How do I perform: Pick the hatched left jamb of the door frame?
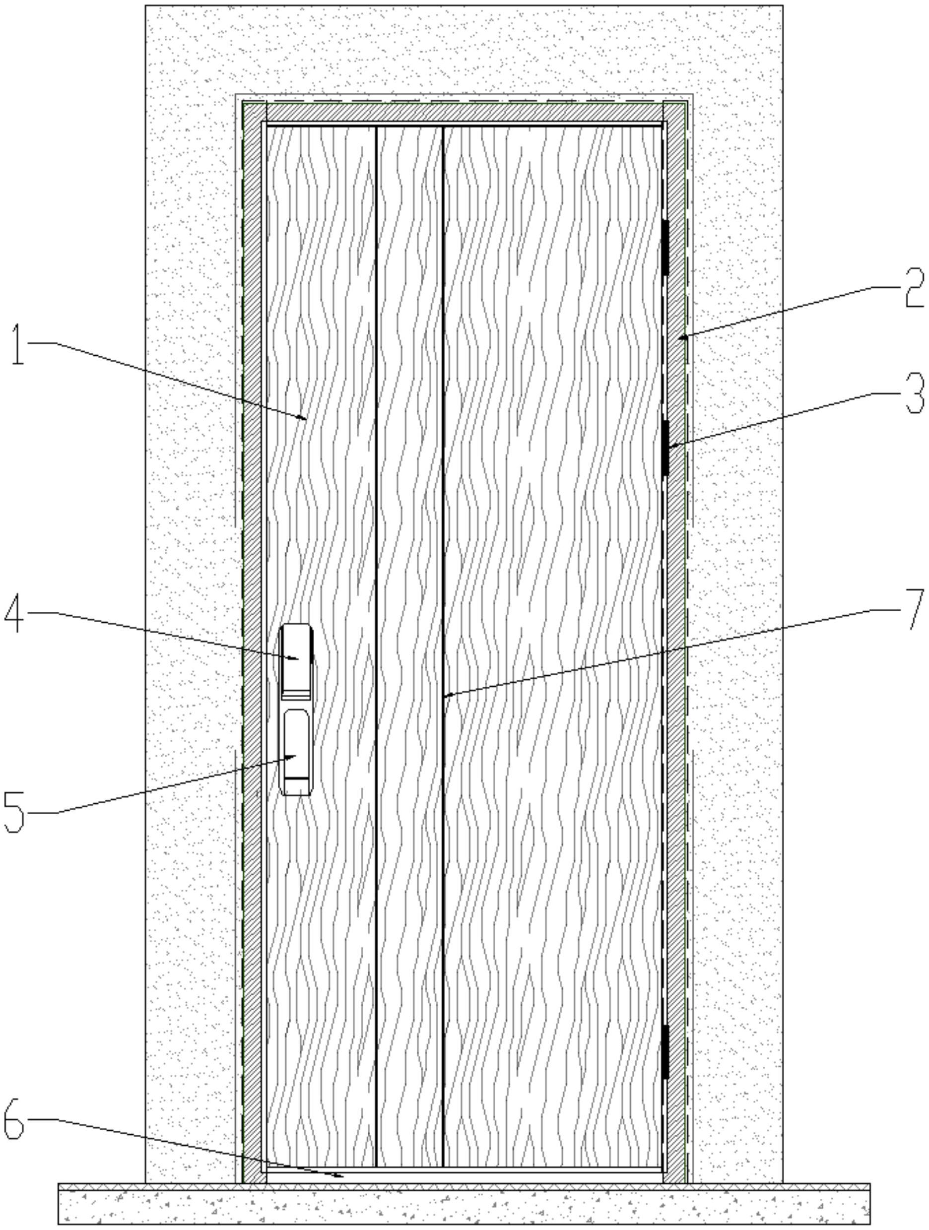pos(252,612)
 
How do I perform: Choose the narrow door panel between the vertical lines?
pos(409,612)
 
